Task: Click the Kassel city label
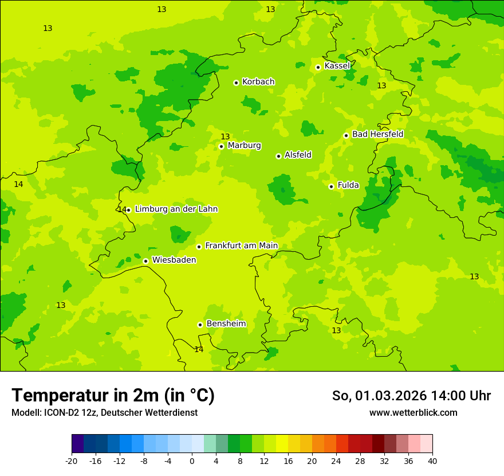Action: [x=337, y=66]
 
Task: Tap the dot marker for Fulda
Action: [x=331, y=186]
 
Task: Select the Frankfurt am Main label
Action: [x=241, y=245]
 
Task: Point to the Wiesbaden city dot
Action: [x=146, y=261]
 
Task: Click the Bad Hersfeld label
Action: [x=377, y=134]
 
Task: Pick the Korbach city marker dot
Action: [x=236, y=83]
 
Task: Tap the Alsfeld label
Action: [x=298, y=155]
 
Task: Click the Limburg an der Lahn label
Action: [x=176, y=209]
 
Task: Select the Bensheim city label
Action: [x=226, y=323]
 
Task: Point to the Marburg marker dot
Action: [x=221, y=146]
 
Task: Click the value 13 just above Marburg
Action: [x=225, y=136]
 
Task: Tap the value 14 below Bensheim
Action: [x=199, y=349]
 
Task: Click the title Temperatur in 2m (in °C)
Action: [x=113, y=395]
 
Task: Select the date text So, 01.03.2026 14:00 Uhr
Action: [x=411, y=396]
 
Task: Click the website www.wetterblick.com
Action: [x=413, y=412]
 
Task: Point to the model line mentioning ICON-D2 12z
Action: [x=104, y=412]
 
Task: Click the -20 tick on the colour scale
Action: [x=72, y=461]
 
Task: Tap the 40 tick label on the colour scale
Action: [x=432, y=461]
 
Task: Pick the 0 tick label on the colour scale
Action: [x=192, y=461]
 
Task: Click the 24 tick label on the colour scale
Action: [x=336, y=461]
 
